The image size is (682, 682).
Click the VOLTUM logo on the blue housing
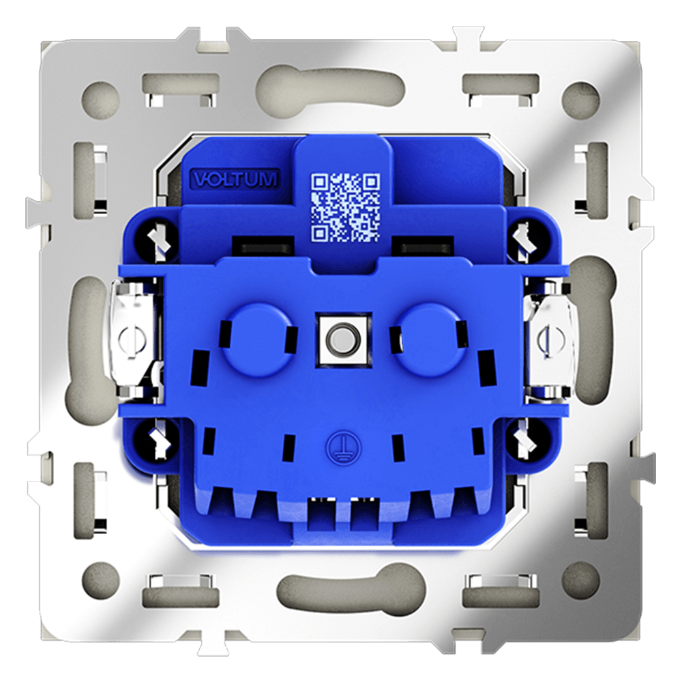click(x=235, y=179)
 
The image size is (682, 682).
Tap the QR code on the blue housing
click(x=345, y=208)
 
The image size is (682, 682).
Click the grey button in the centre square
click(x=344, y=340)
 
